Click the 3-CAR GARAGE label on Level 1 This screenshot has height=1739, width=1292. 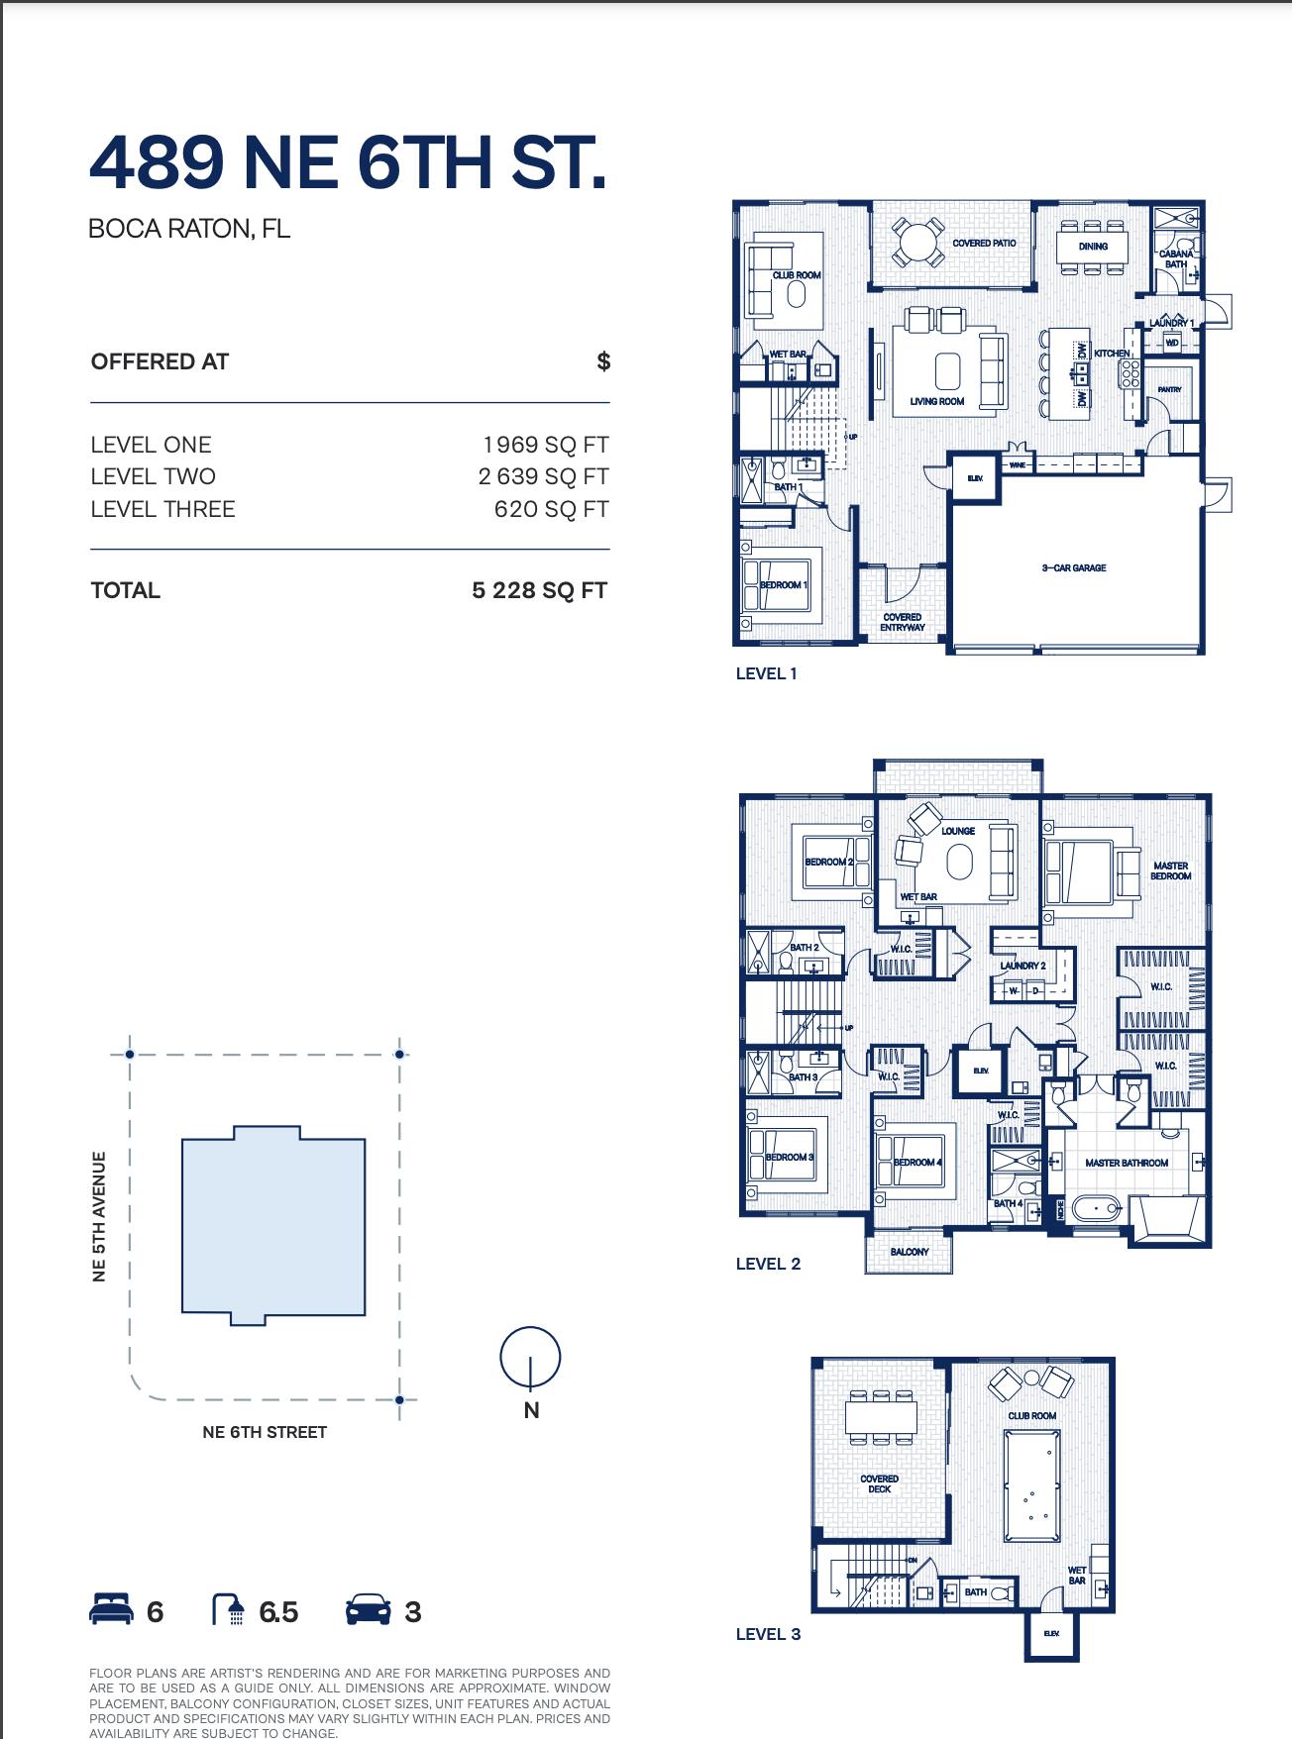1073,568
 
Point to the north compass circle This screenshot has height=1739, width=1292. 530,1357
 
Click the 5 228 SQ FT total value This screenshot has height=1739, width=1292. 539,591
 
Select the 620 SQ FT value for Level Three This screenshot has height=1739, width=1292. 551,509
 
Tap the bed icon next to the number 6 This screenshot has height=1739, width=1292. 110,1611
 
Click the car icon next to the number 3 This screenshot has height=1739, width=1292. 368,1611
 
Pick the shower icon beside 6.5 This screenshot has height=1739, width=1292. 229,1611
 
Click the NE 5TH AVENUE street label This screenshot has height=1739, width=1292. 99,1216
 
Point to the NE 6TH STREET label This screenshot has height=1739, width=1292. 264,1432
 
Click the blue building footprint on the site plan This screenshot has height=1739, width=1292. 273,1226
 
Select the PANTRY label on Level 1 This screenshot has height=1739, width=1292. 1169,390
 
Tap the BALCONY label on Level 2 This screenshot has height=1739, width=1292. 909,1252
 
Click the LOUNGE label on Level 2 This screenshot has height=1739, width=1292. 958,831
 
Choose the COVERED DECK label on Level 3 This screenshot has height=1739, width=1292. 879,1483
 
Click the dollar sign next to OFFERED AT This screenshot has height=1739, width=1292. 603,361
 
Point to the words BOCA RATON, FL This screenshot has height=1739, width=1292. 189,229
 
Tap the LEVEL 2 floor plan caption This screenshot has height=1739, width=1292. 768,1264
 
